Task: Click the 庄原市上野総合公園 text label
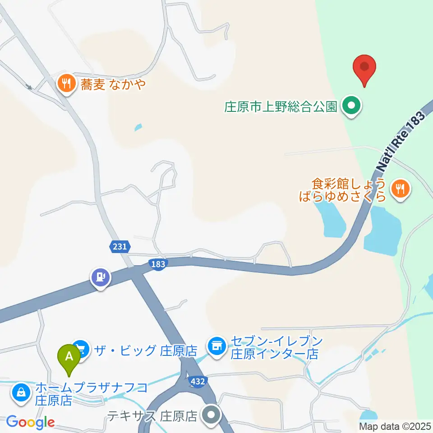click(x=281, y=107)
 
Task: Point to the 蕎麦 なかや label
click(x=113, y=84)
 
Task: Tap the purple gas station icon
click(x=100, y=276)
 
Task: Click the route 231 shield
click(x=120, y=246)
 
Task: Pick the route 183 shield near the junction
click(x=158, y=264)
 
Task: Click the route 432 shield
click(x=198, y=382)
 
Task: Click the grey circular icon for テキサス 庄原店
click(x=211, y=414)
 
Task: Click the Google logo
click(x=30, y=422)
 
